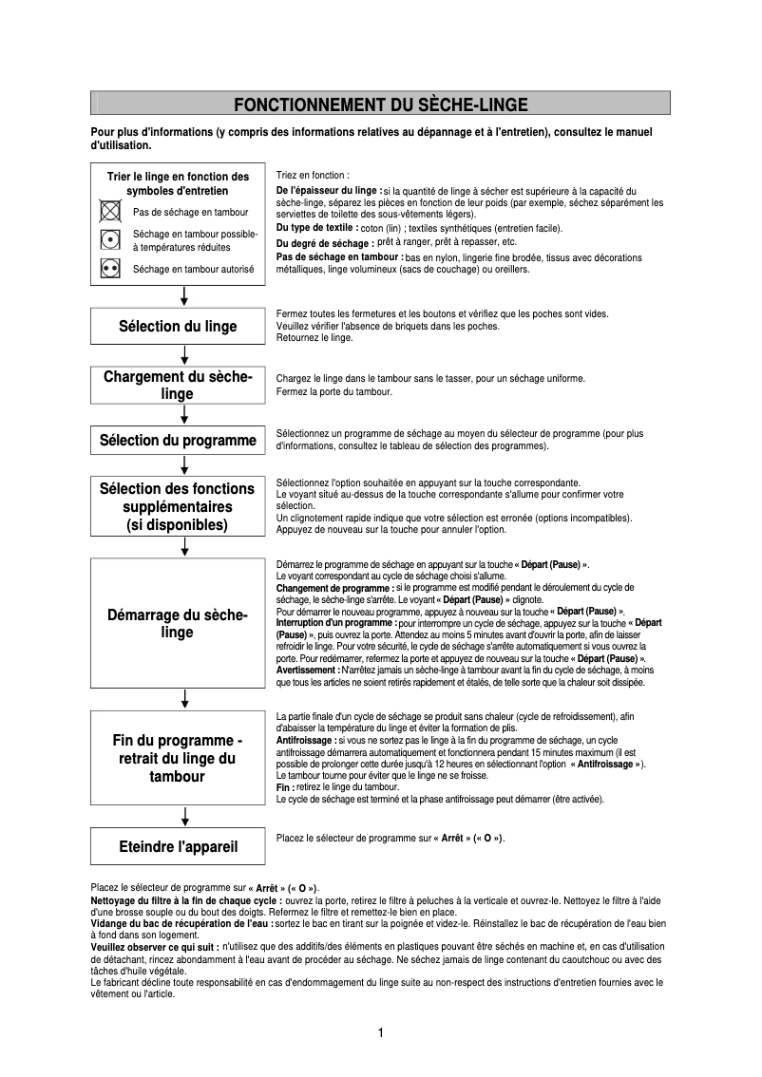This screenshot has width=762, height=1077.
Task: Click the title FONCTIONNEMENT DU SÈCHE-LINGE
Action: coord(380,104)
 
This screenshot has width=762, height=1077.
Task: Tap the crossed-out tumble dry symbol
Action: coord(110,211)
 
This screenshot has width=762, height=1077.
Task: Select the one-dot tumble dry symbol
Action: coord(110,239)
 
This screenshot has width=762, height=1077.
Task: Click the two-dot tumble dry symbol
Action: coord(110,269)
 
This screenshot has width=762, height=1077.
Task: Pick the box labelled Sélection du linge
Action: coord(178,326)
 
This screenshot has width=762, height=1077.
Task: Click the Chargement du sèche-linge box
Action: coord(178,385)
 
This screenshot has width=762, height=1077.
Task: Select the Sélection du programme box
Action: coord(178,440)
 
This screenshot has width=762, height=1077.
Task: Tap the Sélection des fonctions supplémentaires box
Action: coord(178,506)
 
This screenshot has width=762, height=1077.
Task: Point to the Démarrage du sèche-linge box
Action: coord(178,624)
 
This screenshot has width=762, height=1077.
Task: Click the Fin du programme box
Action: coord(178,758)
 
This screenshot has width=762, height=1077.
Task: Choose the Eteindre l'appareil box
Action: coord(178,846)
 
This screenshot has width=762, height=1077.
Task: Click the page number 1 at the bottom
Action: coord(380,1033)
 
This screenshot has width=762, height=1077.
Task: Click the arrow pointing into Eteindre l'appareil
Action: coord(184,817)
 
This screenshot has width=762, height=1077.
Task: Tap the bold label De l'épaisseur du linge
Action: coord(328,191)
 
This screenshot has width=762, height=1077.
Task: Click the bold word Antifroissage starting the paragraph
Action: coord(305,739)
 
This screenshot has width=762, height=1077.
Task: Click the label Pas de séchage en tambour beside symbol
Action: coord(191,212)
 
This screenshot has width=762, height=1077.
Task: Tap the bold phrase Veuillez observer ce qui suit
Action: coord(154,947)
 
